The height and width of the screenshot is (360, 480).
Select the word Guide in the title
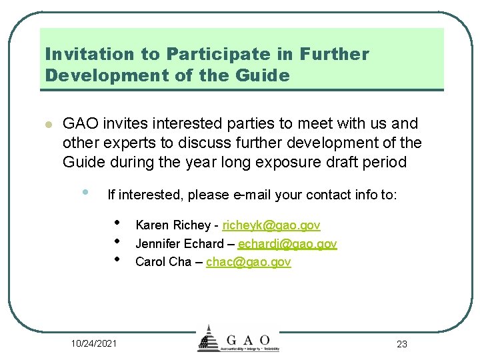(263, 75)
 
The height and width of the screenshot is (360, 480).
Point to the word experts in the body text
(121, 143)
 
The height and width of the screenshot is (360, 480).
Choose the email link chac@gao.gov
(249, 262)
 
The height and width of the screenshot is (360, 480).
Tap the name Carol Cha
(163, 262)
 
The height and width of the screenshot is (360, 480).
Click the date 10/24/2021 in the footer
(94, 343)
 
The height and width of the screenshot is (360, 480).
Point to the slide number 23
(401, 344)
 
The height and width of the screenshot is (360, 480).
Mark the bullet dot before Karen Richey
(116, 223)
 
